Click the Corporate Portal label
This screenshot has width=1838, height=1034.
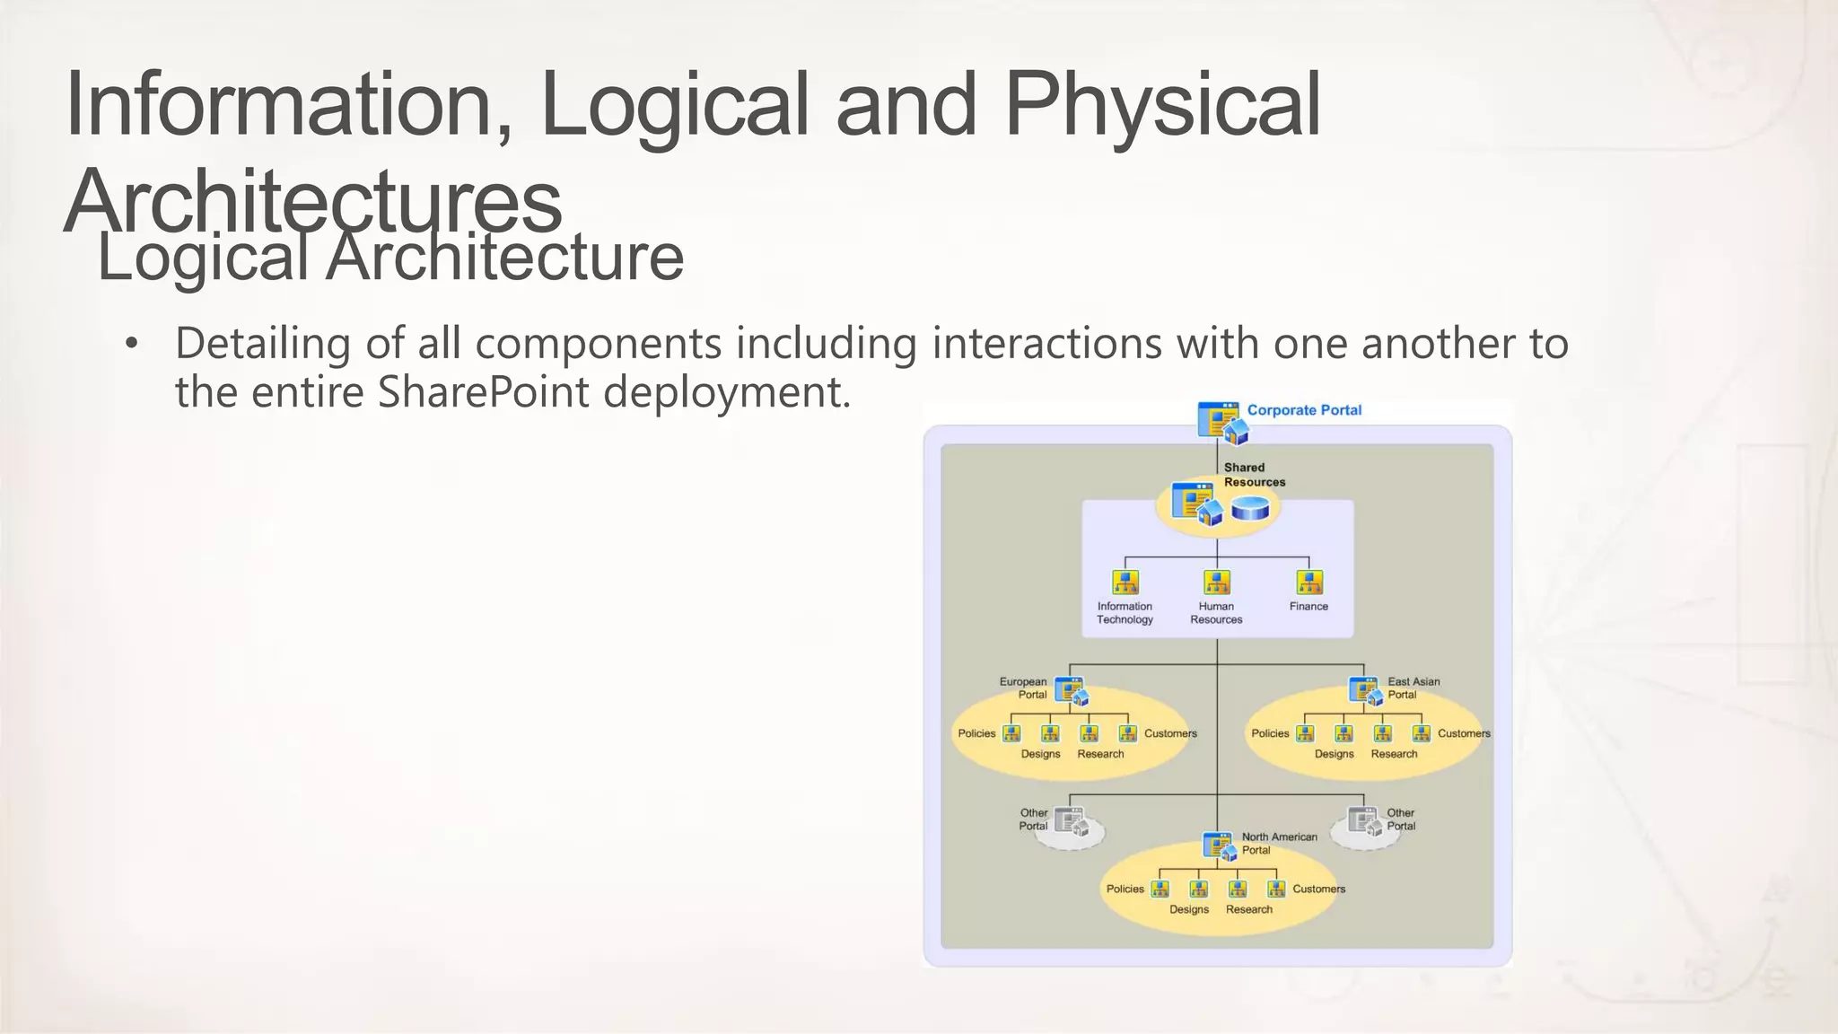click(1303, 410)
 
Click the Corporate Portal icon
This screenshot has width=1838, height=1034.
click(1221, 422)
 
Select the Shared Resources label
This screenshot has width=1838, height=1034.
click(1254, 475)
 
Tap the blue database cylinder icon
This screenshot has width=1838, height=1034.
click(1250, 509)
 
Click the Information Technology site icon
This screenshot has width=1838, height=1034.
click(1125, 583)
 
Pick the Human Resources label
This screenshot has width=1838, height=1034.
click(1216, 613)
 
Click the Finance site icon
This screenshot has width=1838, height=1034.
click(1309, 583)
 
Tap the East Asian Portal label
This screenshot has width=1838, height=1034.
click(1413, 688)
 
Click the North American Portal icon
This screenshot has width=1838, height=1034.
click(1220, 846)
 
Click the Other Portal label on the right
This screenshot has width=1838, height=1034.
click(1400, 819)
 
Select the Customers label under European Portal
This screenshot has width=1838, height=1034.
click(1170, 733)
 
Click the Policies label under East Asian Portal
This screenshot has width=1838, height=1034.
click(1270, 733)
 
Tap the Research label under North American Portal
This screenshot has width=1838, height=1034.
click(1248, 909)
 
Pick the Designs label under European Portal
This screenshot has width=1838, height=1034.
click(1040, 754)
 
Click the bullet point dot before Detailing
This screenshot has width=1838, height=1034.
click(132, 344)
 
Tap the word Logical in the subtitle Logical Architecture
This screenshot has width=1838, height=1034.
click(203, 258)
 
